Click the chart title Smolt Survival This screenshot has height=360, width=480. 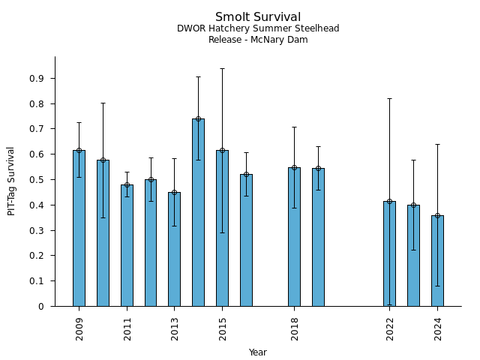(x=258, y=17)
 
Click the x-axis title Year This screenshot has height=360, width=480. (x=258, y=352)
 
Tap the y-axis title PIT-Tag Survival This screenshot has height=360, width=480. (x=12, y=181)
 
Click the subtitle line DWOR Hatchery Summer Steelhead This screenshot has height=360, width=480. (x=258, y=28)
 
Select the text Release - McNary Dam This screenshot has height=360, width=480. (x=258, y=40)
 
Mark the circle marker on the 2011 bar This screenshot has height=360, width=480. (x=127, y=184)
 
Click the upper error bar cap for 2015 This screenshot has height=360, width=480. (x=222, y=68)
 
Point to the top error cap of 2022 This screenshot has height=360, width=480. (x=389, y=98)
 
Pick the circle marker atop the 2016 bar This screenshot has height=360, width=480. (x=246, y=174)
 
